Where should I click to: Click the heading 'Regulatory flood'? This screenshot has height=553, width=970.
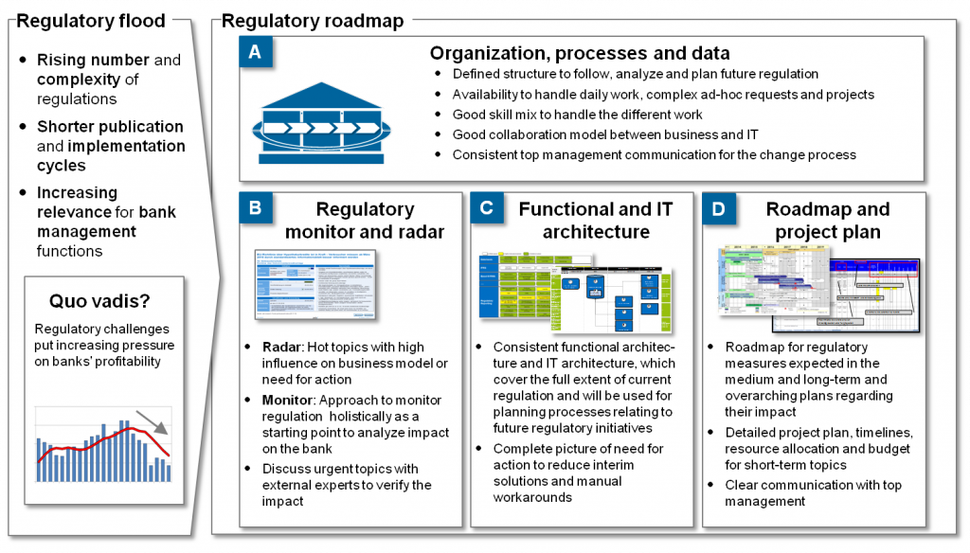[x=91, y=21]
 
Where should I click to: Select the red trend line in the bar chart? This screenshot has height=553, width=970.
[x=104, y=439]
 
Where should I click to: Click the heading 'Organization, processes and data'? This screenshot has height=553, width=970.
[x=580, y=54]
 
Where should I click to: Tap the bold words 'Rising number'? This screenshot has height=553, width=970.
[x=93, y=60]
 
